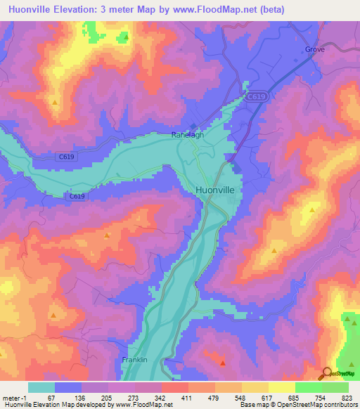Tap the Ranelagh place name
click(x=188, y=136)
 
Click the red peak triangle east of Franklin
click(x=222, y=363)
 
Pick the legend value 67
click(x=51, y=398)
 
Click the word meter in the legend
click(x=10, y=398)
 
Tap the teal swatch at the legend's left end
click(x=41, y=387)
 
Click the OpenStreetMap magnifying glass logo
click(x=327, y=372)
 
